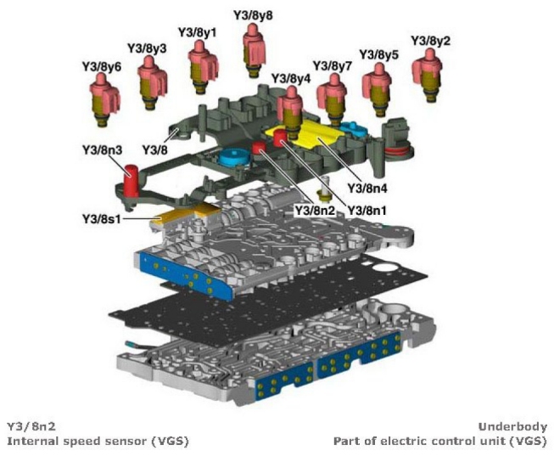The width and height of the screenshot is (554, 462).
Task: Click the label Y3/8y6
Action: tap(101, 65)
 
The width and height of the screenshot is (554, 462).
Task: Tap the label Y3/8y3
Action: tap(147, 48)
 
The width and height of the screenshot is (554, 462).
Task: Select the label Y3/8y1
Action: tap(198, 32)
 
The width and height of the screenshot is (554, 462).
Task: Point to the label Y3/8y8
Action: tap(252, 15)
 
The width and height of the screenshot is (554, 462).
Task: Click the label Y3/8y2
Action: tap(430, 40)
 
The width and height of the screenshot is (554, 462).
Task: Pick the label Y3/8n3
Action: tap(102, 150)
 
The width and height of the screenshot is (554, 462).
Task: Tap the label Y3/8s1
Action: tap(102, 218)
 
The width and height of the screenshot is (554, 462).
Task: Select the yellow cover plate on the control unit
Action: tap(305, 137)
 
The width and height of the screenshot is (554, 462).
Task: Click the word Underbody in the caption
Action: tap(512, 426)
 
